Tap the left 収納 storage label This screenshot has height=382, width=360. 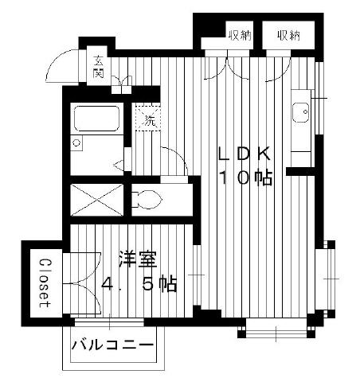[x=241, y=35]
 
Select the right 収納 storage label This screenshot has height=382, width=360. [x=288, y=35]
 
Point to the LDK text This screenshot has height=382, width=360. [x=244, y=154]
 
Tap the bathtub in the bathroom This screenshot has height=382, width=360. [x=96, y=119]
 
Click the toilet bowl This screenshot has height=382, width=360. [x=147, y=199]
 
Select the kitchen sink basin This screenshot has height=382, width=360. [x=301, y=112]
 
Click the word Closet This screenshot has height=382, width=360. [x=45, y=283]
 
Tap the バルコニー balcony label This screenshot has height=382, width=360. [x=112, y=345]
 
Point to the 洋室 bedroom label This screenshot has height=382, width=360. [x=138, y=259]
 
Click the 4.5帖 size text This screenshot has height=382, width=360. [x=139, y=284]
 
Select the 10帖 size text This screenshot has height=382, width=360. [x=245, y=177]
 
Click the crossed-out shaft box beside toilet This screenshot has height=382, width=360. [x=97, y=200]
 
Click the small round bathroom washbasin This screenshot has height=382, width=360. [x=76, y=143]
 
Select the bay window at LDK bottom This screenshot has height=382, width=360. [x=276, y=329]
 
